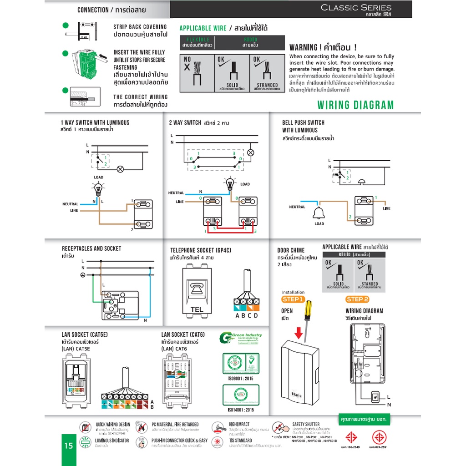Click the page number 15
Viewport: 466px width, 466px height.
[68, 446]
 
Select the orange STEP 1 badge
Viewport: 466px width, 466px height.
[293, 299]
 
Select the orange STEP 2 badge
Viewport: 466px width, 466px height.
[357, 299]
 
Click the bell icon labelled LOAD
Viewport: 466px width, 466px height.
[319, 212]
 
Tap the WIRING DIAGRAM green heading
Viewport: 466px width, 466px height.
[355, 105]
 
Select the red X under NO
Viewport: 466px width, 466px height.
[187, 67]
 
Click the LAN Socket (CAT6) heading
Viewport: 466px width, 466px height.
[183, 334]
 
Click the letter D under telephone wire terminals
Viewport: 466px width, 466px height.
[256, 316]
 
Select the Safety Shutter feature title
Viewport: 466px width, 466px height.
[306, 424]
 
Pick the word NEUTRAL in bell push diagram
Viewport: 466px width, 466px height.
[297, 207]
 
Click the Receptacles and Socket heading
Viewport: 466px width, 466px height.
[91, 248]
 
